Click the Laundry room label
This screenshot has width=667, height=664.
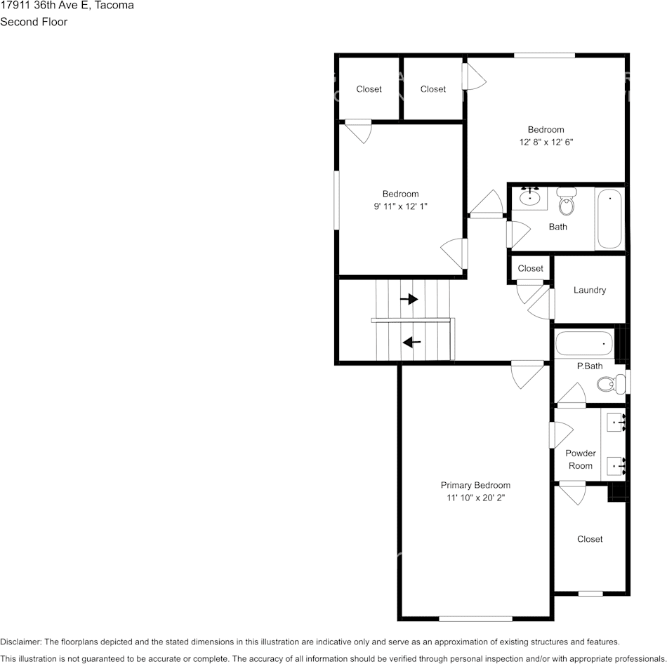point(590,290)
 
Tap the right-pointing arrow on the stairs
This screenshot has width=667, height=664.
point(409,299)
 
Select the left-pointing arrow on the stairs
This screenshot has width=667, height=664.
point(411,342)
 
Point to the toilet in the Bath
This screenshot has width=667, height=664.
point(566,201)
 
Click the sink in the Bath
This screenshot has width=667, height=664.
point(529,197)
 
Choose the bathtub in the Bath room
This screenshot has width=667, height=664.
point(609,218)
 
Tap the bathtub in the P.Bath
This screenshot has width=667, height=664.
point(584,343)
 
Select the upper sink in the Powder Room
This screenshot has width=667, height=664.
point(616,423)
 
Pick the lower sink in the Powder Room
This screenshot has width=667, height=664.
point(616,466)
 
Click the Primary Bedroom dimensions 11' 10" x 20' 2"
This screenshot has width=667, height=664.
point(475,498)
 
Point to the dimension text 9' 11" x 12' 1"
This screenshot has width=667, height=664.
point(400,206)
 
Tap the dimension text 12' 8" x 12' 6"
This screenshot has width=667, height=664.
point(546,142)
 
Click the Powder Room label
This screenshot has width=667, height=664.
point(581,460)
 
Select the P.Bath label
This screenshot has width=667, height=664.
point(590,366)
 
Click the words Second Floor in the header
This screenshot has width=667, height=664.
point(34,22)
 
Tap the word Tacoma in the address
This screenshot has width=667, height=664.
point(114,5)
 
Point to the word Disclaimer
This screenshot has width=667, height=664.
point(21,642)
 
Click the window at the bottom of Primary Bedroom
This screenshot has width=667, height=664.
point(475,619)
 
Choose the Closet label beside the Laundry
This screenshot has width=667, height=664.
point(531,268)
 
